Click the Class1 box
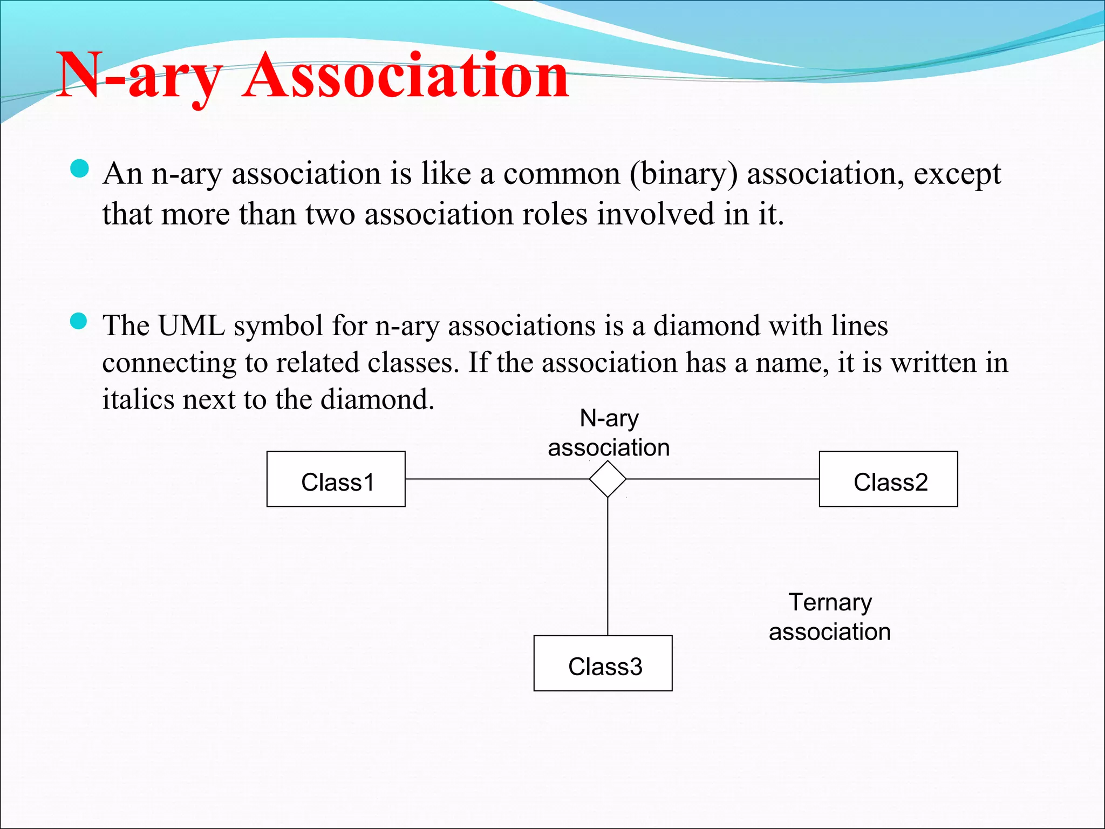tap(336, 479)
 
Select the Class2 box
tap(888, 479)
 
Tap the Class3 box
tap(603, 663)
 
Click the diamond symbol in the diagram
tap(608, 479)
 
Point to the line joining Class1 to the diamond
tap(496, 479)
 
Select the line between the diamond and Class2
tap(723, 479)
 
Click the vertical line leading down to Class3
tap(608, 567)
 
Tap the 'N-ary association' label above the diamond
tap(609, 433)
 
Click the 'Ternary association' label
tap(830, 616)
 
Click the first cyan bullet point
tap(79, 169)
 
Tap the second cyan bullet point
tap(79, 322)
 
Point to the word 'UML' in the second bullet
tap(192, 326)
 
